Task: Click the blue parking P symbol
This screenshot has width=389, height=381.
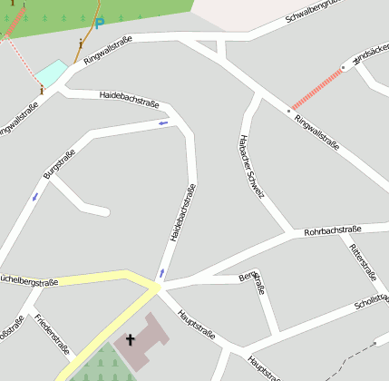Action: pyautogui.click(x=99, y=23)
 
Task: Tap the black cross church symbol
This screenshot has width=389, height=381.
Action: pyautogui.click(x=130, y=341)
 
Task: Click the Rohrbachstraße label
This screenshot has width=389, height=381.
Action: pyautogui.click(x=333, y=230)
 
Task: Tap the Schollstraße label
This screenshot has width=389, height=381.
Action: pyautogui.click(x=372, y=305)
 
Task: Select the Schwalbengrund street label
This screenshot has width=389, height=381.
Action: pyautogui.click(x=324, y=12)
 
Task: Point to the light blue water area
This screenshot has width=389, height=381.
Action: pyautogui.click(x=51, y=73)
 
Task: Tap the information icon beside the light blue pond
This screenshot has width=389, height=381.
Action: pyautogui.click(x=41, y=89)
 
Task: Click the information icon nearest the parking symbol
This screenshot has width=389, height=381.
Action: pyautogui.click(x=81, y=43)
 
